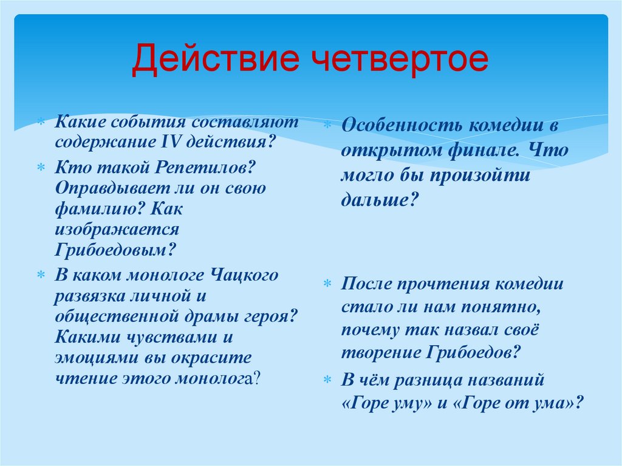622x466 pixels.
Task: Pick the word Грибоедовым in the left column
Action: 114,250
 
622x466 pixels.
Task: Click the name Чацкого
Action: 245,275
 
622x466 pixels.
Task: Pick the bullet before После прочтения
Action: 327,285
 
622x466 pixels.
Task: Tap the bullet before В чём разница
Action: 327,380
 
